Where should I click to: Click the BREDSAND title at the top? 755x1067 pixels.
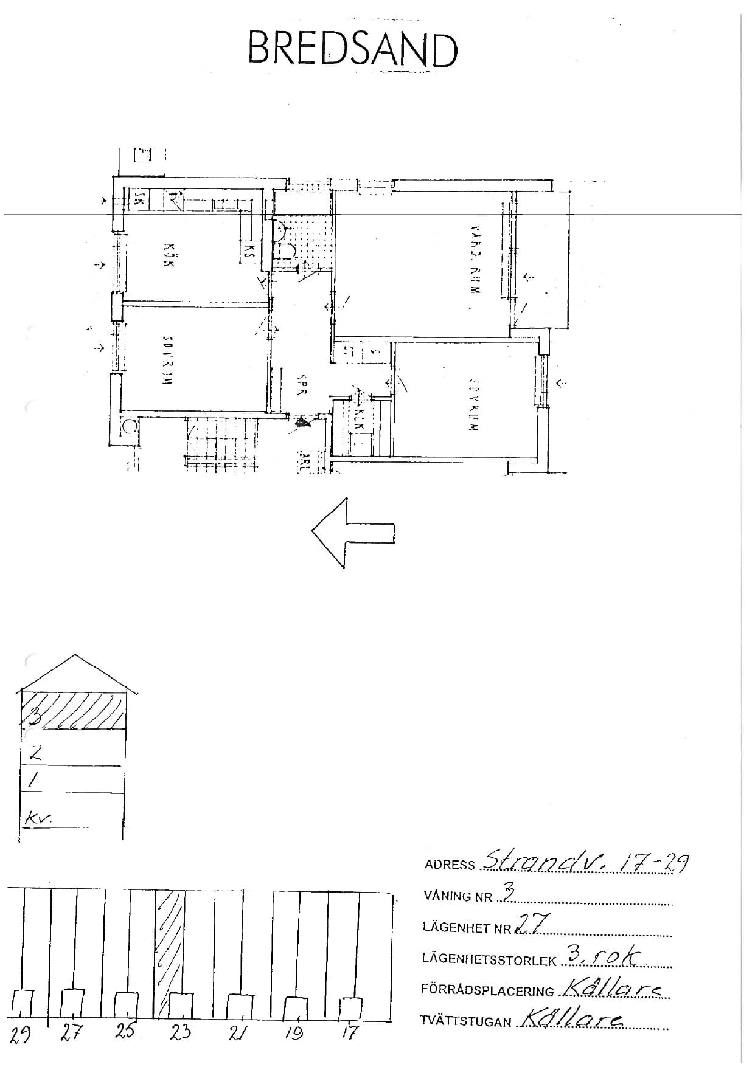tap(352, 50)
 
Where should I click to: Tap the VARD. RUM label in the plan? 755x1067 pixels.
tap(476, 260)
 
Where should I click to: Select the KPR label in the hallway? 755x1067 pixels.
tap(301, 384)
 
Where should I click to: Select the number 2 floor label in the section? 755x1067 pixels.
tap(36, 754)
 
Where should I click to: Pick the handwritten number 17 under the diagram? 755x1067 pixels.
tap(350, 1032)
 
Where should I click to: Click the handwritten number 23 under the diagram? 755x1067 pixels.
tap(181, 1031)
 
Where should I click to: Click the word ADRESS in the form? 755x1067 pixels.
tap(450, 865)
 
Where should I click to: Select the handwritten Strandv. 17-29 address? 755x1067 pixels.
tap(584, 862)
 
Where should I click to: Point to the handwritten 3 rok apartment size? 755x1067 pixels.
tap(602, 956)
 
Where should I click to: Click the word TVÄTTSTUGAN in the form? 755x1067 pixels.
tap(465, 1021)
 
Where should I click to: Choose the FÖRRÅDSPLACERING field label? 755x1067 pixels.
tap(487, 990)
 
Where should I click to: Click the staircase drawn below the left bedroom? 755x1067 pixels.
tap(222, 444)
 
